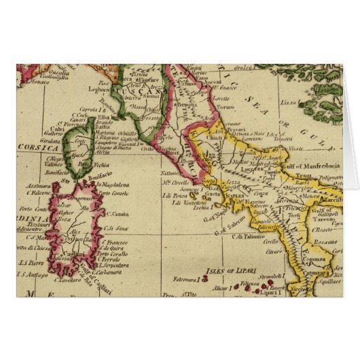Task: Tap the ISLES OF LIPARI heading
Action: [x=232, y=266]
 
